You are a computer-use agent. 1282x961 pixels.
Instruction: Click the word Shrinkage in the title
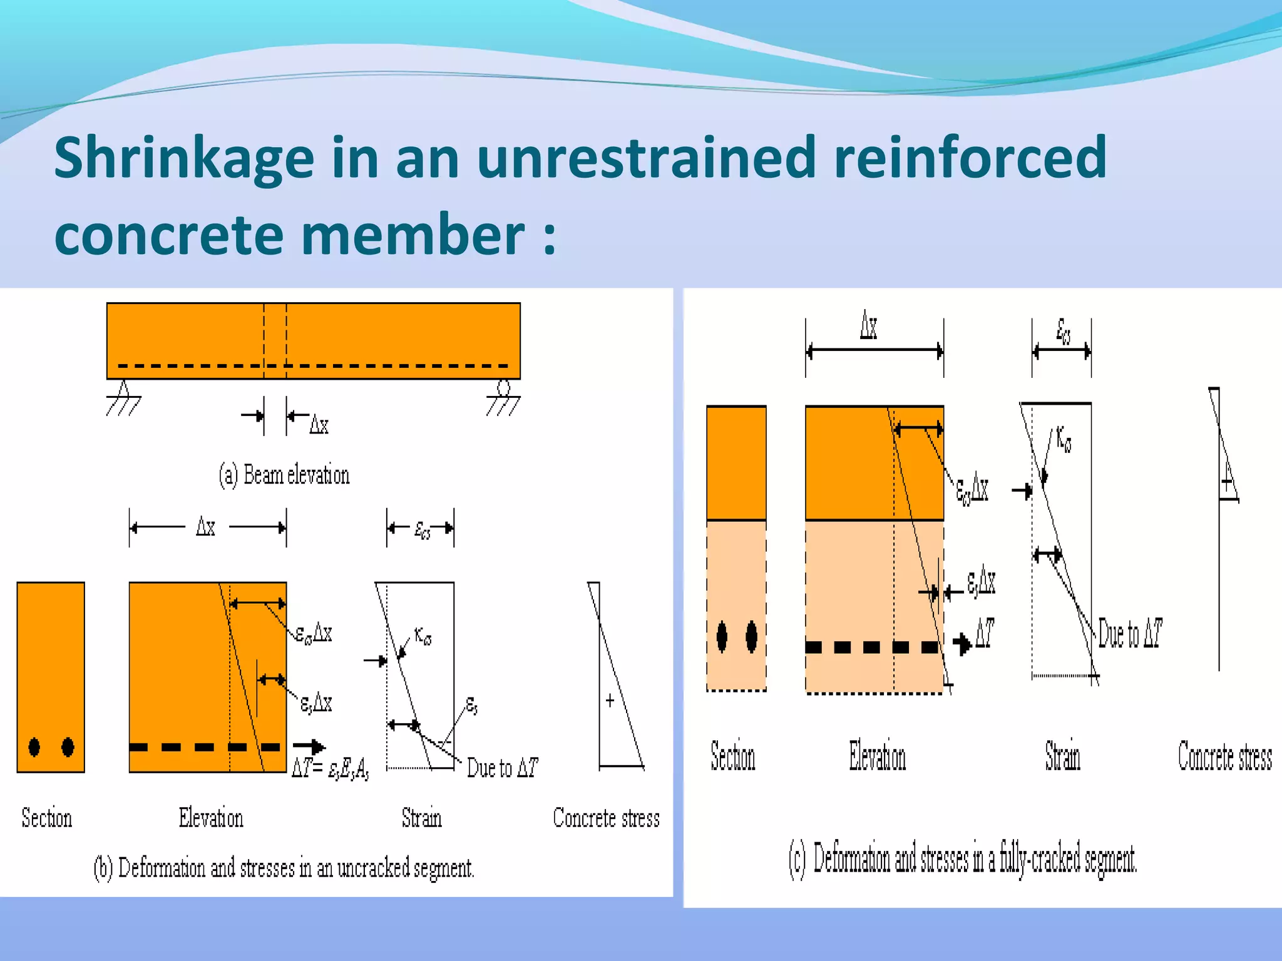point(184,158)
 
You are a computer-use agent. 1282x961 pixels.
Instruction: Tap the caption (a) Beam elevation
point(284,475)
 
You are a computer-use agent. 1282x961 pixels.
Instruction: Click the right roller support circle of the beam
point(503,389)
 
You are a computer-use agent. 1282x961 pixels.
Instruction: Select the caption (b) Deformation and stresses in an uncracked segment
point(284,868)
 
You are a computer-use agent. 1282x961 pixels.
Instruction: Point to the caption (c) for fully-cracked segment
point(963,858)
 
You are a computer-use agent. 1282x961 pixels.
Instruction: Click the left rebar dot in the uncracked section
point(34,746)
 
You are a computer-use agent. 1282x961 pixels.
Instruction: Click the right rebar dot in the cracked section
point(752,637)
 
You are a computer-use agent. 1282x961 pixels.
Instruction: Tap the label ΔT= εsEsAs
point(331,768)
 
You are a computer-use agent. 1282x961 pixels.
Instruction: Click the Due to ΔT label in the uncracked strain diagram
point(502,768)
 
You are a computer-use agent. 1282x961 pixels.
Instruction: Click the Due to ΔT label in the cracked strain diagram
point(1131,633)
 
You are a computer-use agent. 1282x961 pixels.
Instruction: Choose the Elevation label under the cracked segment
point(877,756)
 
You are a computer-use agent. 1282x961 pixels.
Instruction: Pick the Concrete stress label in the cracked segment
point(1224,756)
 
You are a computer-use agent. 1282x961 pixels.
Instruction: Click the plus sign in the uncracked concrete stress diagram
point(610,700)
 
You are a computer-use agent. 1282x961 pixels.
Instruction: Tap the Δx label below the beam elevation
point(319,425)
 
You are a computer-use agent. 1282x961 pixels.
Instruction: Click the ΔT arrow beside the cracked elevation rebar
point(963,643)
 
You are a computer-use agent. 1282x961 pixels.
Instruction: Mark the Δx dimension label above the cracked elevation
point(869,327)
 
